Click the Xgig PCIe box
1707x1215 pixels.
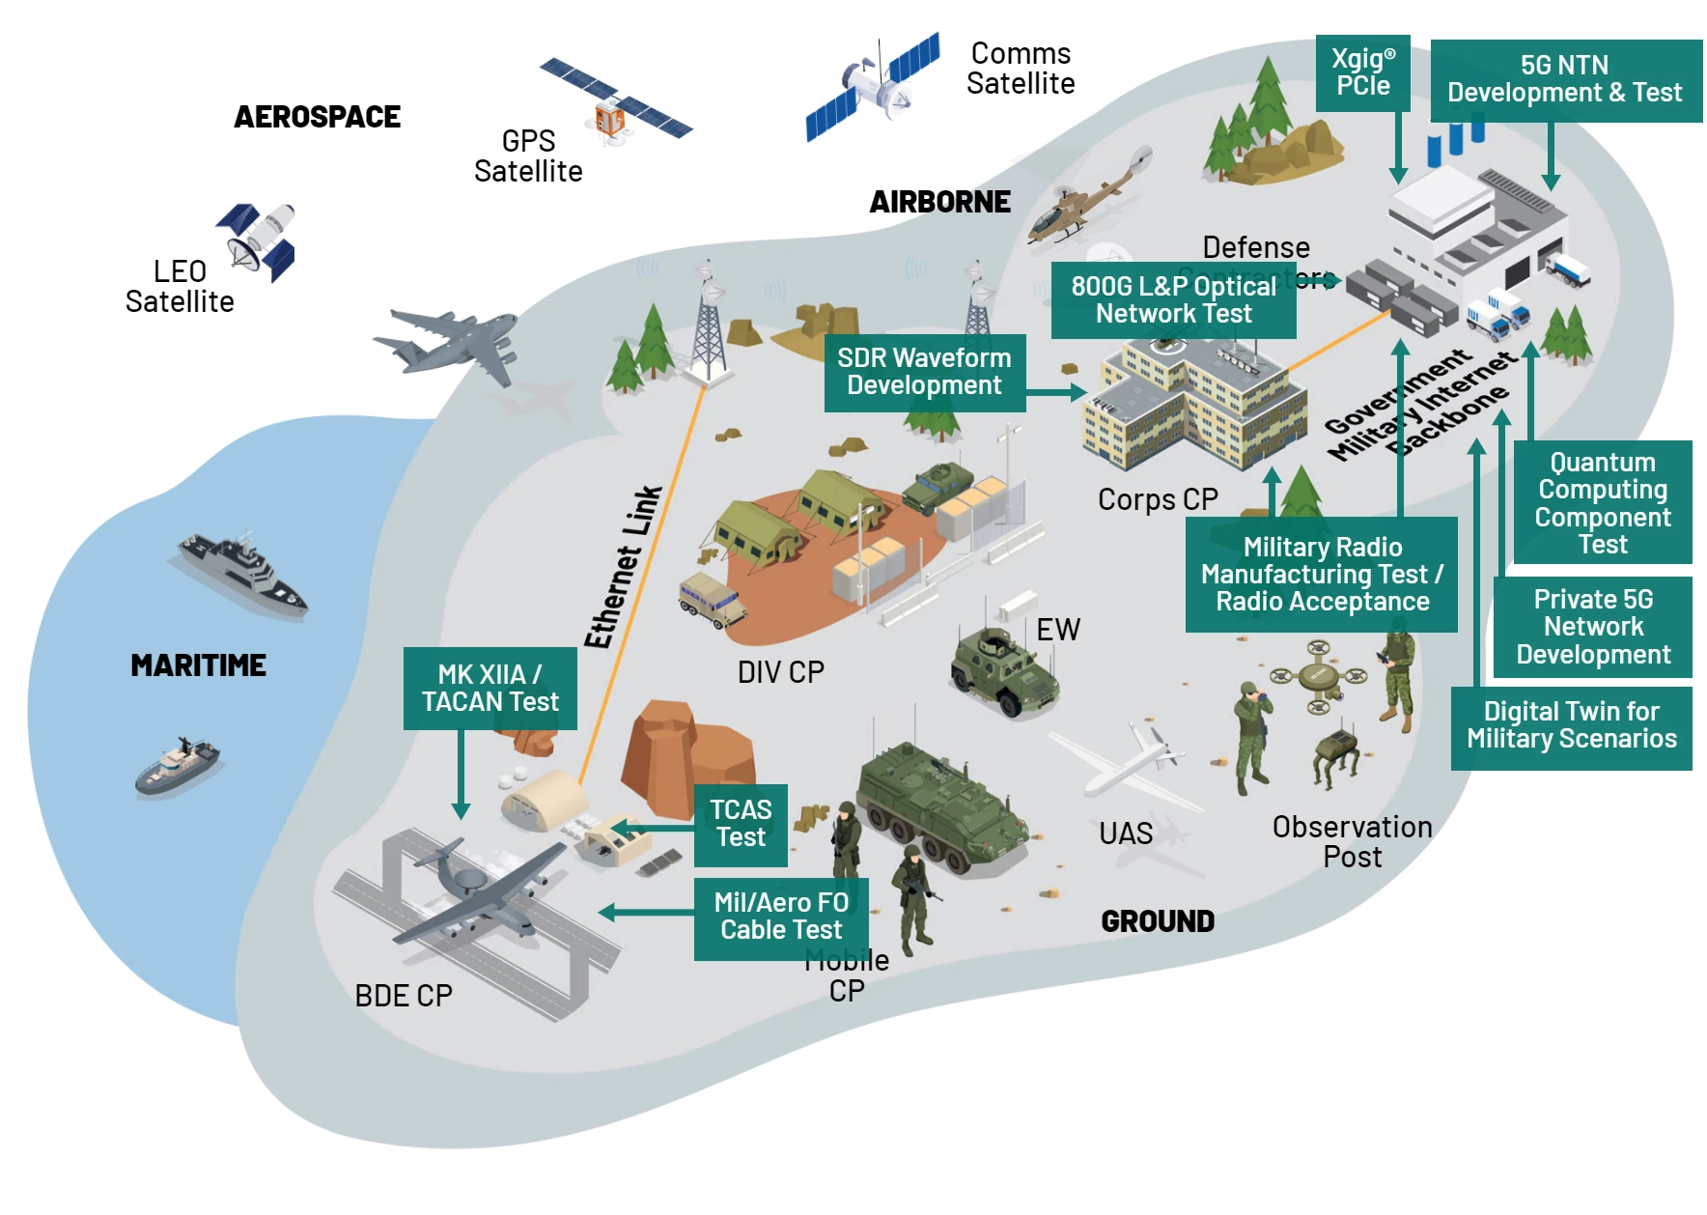tap(1362, 72)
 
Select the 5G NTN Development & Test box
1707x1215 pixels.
tap(1564, 79)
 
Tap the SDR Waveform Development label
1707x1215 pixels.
tap(923, 372)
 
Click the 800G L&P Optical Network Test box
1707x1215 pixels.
tap(1172, 299)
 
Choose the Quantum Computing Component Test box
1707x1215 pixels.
tap(1602, 502)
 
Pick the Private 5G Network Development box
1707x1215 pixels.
tap(1592, 626)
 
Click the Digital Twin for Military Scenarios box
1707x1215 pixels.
tap(1571, 725)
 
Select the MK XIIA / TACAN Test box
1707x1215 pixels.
tap(490, 688)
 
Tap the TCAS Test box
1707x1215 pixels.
tap(741, 823)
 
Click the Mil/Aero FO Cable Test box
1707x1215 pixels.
tap(780, 917)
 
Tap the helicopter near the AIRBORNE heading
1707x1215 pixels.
tap(1086, 203)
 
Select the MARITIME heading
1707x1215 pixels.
tap(198, 665)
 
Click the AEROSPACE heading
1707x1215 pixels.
tap(317, 117)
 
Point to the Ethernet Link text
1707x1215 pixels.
tap(623, 568)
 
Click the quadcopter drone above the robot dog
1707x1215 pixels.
tap(1318, 674)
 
